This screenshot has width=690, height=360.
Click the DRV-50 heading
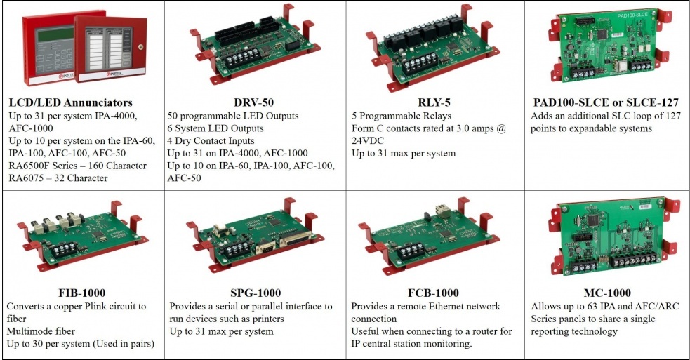[254, 102]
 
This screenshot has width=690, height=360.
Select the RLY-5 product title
[434, 102]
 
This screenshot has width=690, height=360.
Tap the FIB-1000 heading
[82, 293]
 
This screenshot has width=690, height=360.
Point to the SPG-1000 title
[256, 293]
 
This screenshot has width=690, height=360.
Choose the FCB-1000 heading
[433, 293]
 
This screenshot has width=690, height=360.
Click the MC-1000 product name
[607, 293]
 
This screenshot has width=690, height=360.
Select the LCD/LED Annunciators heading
[70, 102]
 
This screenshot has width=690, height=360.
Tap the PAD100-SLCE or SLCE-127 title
[606, 102]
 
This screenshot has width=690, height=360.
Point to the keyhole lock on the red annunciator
[140, 46]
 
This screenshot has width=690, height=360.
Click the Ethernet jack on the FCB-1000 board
[441, 211]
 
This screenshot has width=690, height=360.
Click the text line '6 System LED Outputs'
[215, 128]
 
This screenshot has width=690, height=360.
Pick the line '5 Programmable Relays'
[402, 116]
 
